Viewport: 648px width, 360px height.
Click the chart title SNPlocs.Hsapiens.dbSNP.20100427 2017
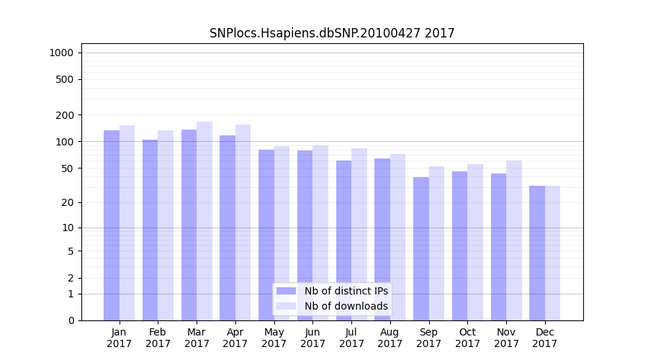coord(332,33)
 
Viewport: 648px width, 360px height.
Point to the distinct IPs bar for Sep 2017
coord(421,248)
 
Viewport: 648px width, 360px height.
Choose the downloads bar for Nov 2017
coord(514,240)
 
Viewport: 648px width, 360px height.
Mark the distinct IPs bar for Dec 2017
coord(537,253)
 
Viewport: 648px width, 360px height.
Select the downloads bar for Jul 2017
coord(359,234)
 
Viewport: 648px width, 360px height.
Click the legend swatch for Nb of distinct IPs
coord(287,291)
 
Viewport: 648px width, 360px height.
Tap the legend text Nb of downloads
coord(346,306)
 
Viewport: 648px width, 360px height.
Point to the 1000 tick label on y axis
coord(61,53)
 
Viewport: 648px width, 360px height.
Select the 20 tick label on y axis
coord(68,202)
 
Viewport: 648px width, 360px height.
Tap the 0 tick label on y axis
coord(71,320)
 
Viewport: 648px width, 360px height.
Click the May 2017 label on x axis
coord(274,338)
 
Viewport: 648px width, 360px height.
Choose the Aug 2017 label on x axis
coord(390,338)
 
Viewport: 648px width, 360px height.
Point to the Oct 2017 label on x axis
coord(468,338)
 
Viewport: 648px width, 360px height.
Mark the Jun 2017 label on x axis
coord(312,338)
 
